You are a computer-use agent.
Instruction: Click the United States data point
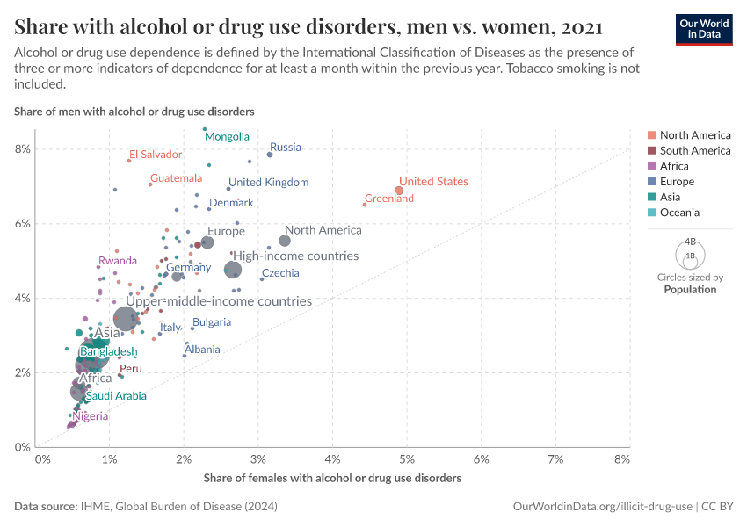[x=399, y=191]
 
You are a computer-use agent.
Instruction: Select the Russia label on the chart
[x=285, y=148]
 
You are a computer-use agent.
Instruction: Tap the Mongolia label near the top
[x=227, y=137]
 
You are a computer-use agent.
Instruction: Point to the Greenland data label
[x=389, y=199]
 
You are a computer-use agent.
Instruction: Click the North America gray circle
[x=285, y=241]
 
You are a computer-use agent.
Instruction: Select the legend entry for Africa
[x=674, y=166]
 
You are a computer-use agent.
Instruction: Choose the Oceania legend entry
[x=679, y=213]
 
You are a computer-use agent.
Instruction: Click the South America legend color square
[x=650, y=151]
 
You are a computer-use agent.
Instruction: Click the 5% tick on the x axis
[x=407, y=459]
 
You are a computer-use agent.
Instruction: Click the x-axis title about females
[x=332, y=479]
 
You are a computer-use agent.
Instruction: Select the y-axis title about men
[x=134, y=112]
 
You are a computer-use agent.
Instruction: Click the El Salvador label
[x=156, y=155]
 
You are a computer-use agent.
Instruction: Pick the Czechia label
[x=280, y=273]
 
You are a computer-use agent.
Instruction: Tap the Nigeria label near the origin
[x=91, y=416]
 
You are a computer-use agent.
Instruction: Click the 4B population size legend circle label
[x=690, y=242]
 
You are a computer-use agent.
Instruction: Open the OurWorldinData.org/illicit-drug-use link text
[x=602, y=507]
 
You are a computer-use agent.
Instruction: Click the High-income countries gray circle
[x=233, y=270]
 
